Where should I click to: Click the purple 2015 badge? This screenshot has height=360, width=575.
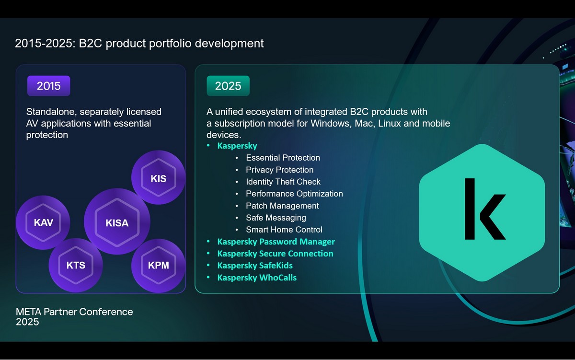[x=48, y=86]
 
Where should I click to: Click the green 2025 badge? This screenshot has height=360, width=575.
[x=228, y=86]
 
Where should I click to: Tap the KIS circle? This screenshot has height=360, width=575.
[x=159, y=177]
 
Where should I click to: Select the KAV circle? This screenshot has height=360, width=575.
[x=43, y=222]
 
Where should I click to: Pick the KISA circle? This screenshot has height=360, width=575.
[x=117, y=221]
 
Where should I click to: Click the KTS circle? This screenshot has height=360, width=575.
[x=76, y=265]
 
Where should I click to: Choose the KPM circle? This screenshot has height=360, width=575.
[x=159, y=266]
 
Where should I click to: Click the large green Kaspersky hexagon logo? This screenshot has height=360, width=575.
[x=482, y=212]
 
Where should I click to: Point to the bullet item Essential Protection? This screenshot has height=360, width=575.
[x=283, y=158]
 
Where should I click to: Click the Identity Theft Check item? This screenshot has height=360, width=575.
[x=283, y=182]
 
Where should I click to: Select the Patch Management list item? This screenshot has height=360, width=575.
[x=282, y=206]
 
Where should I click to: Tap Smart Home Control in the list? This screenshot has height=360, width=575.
[x=284, y=230]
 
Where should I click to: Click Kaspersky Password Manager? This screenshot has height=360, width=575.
[x=276, y=242]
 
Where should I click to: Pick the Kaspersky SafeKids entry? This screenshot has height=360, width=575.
[x=255, y=266]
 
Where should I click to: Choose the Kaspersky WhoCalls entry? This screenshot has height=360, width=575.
[x=257, y=278]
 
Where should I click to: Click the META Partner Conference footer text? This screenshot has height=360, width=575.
[x=74, y=312]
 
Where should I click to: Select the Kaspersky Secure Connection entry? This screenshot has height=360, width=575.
[x=275, y=254]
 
